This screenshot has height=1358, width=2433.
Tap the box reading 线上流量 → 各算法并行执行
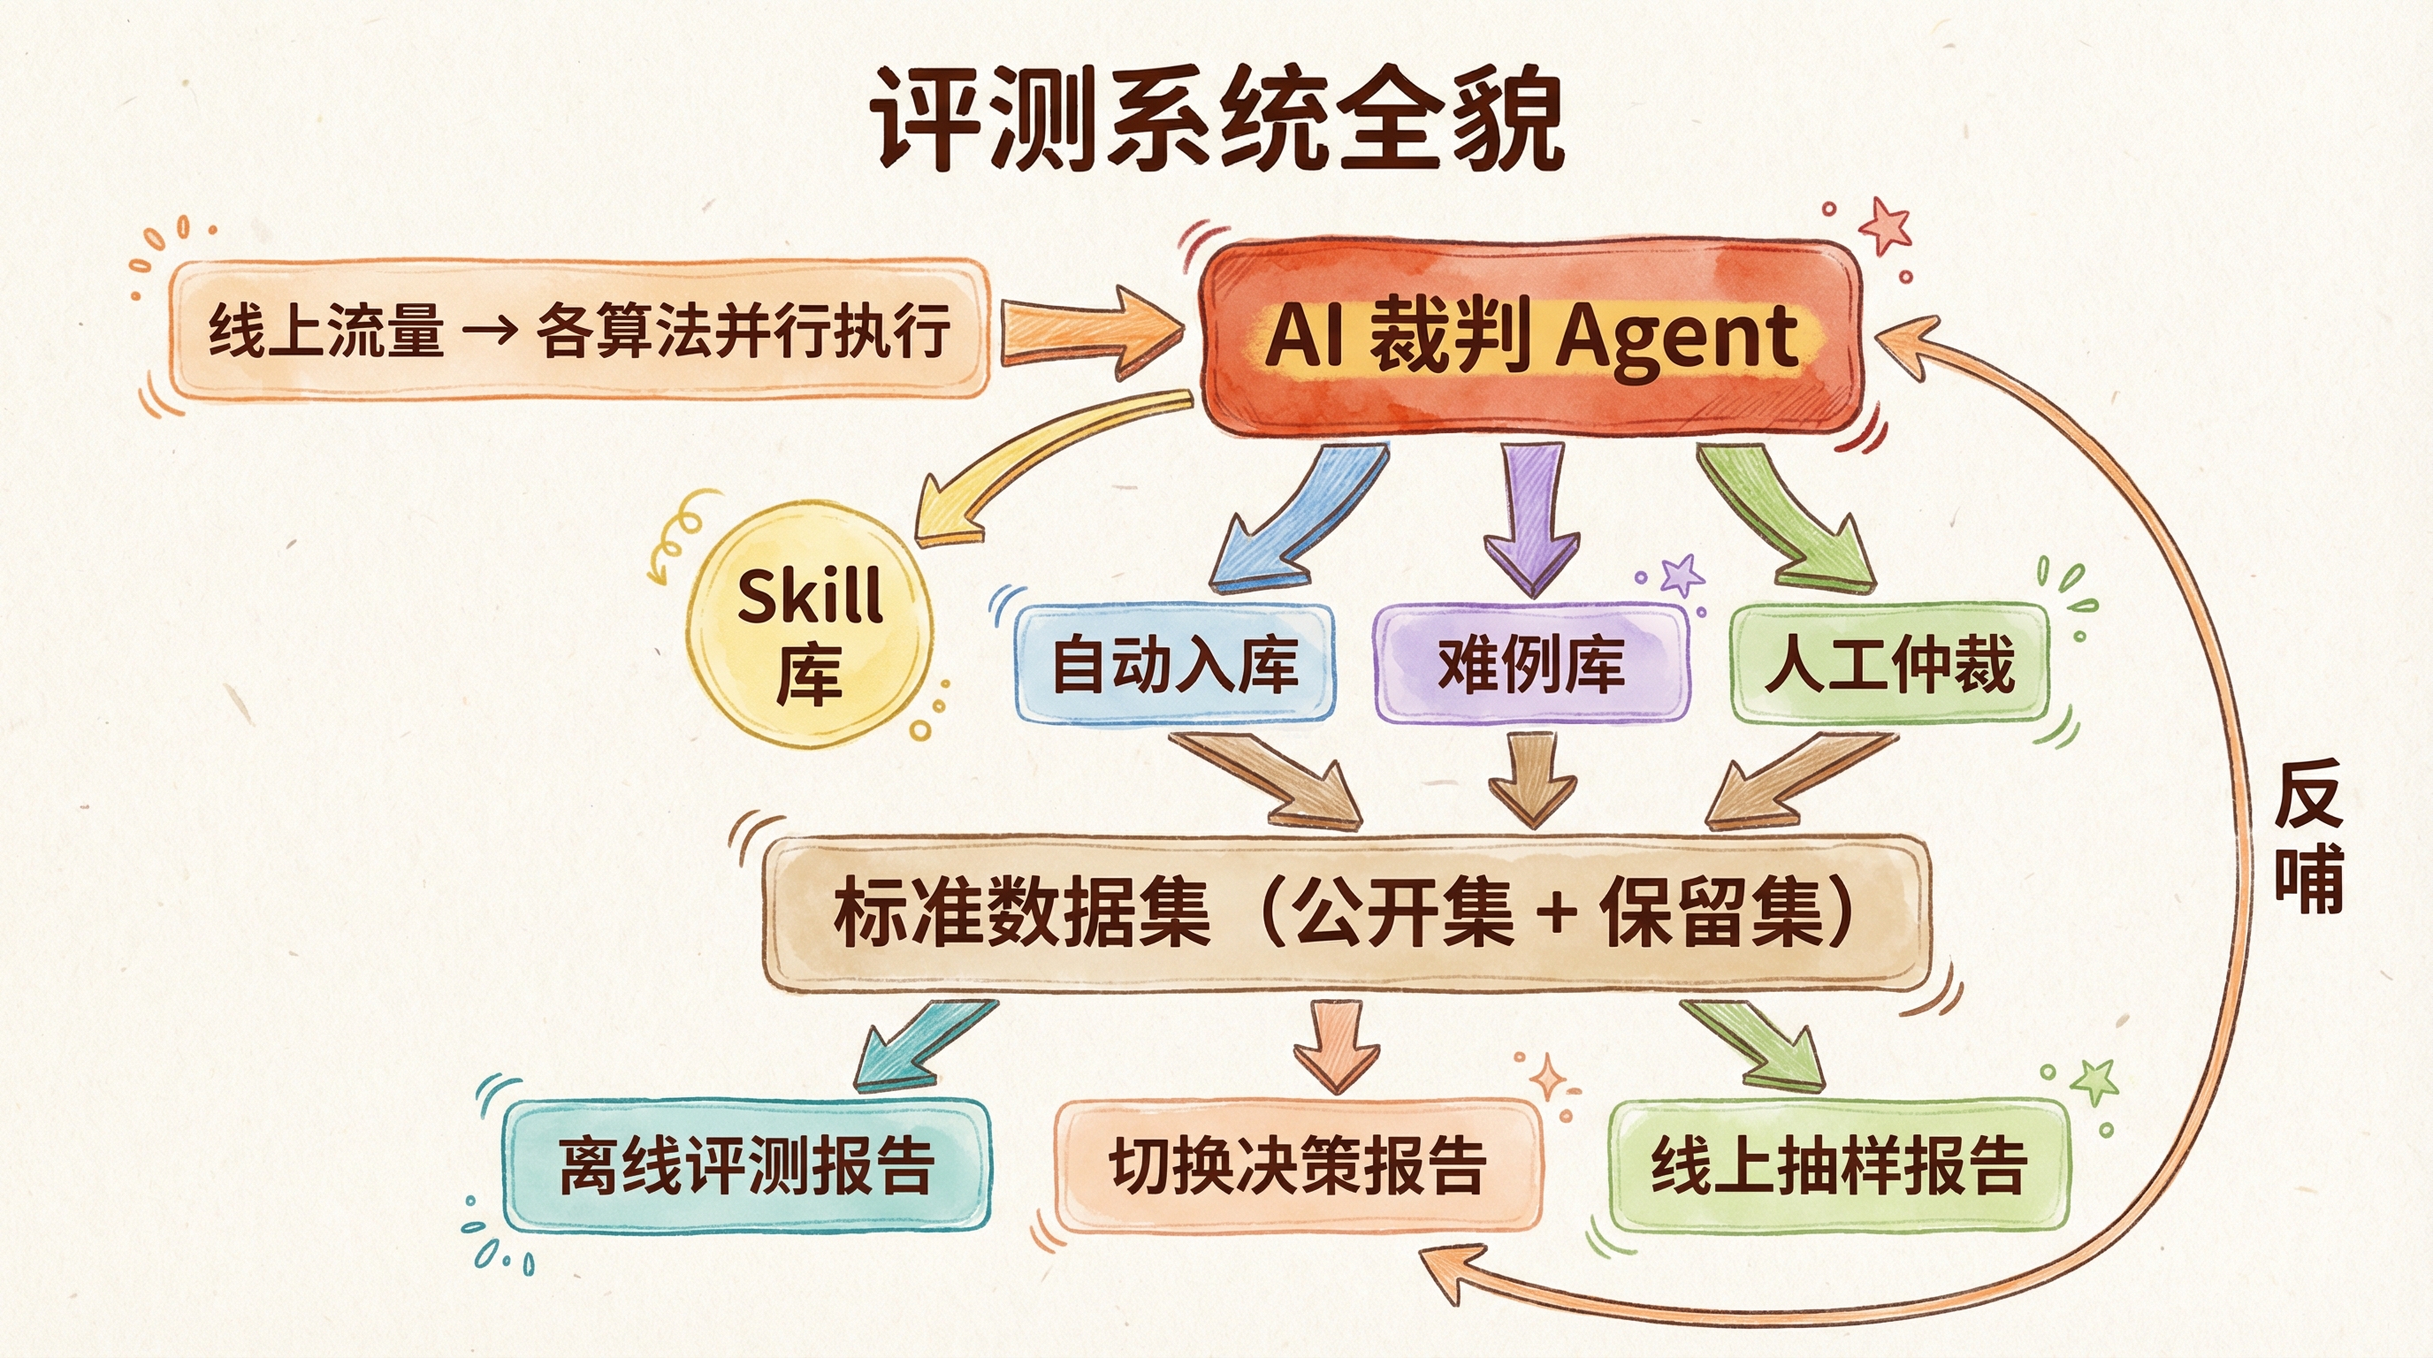pos(579,331)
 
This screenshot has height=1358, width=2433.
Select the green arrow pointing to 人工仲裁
pos(1781,519)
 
